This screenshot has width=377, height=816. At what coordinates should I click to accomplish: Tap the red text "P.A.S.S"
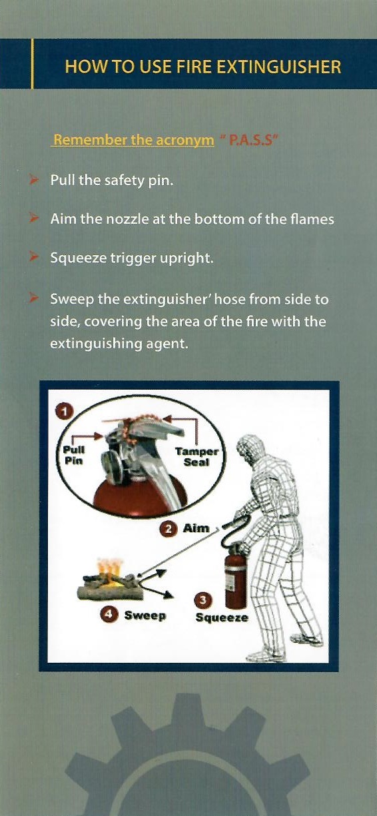pos(250,141)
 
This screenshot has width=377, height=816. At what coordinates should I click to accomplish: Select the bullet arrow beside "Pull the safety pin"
pos(34,180)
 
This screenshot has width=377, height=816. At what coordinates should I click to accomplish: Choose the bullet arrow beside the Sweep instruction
pos(34,298)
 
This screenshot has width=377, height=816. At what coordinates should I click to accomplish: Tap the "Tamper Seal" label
pos(196,457)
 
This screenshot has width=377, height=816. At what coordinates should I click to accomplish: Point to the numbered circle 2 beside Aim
pos(169,530)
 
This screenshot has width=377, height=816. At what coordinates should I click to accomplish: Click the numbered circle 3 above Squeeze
pos(203,600)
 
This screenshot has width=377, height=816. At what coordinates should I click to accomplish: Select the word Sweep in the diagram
pos(145,615)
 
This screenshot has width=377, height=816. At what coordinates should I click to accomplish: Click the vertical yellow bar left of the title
pos(33,64)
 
